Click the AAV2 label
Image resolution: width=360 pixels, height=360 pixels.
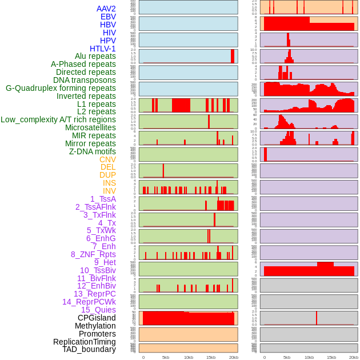coord(106,9)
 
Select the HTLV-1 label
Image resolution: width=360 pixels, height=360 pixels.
coord(103,49)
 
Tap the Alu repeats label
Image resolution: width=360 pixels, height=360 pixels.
coord(95,56)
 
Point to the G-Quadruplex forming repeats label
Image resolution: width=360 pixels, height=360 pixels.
coord(61,88)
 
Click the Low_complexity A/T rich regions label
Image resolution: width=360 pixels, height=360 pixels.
coord(58,119)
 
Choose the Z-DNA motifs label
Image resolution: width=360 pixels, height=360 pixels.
coord(93,151)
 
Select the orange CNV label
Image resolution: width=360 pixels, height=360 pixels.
coord(107,159)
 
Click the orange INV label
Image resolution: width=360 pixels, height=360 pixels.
coord(109,191)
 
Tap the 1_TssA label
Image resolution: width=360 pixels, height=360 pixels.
coord(103,199)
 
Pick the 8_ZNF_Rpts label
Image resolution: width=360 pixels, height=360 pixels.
coord(93,254)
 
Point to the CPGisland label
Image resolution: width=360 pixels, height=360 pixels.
coord(97,318)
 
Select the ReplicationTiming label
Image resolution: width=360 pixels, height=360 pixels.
coord(85,342)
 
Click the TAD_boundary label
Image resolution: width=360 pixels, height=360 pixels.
coord(89,349)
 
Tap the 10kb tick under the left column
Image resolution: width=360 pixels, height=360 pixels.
coord(189,357)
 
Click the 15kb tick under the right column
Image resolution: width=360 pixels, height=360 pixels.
coord(331,357)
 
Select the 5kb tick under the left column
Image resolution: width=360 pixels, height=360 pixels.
coord(166,357)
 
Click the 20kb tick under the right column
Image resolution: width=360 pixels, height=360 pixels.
coord(354,357)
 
